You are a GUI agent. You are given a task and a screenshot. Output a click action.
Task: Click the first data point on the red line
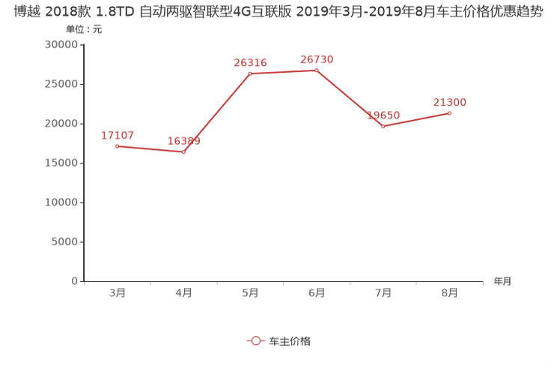pyautogui.click(x=117, y=145)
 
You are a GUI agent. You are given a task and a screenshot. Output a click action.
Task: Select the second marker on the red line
pyautogui.click(x=185, y=152)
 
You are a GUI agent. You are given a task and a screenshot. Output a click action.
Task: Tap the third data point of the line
pyautogui.click(x=251, y=73)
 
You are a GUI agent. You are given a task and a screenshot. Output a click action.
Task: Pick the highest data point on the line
pyautogui.click(x=317, y=70)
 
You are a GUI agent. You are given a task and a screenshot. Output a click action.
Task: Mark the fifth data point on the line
pyautogui.click(x=383, y=127)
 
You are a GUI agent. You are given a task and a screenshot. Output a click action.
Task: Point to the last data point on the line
pyautogui.click(x=450, y=113)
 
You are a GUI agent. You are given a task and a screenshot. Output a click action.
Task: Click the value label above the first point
pyautogui.click(x=118, y=135)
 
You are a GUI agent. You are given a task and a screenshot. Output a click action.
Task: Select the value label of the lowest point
pyautogui.click(x=184, y=141)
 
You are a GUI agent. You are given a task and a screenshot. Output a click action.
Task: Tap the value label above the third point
pyautogui.click(x=251, y=63)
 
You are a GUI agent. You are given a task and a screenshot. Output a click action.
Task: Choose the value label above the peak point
pyautogui.click(x=317, y=58)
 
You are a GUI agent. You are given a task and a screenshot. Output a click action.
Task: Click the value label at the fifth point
pyautogui.click(x=384, y=115)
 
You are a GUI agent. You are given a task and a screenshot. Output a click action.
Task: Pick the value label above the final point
pyautogui.click(x=450, y=103)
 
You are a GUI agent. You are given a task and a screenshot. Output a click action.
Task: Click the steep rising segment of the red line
pyautogui.click(x=218, y=112)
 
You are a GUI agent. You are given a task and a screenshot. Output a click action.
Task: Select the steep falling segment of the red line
pyautogui.click(x=350, y=98)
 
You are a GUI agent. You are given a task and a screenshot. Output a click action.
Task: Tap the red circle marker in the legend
pyautogui.click(x=255, y=340)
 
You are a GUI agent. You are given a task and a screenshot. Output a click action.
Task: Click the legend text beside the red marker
pyautogui.click(x=289, y=340)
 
